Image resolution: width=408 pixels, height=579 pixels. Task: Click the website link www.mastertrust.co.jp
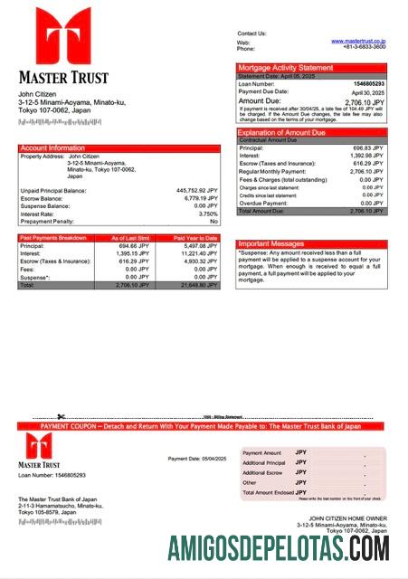click(x=357, y=41)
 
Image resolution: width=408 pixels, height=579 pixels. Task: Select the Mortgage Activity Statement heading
click(x=285, y=68)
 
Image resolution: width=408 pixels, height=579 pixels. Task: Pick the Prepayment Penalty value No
click(x=213, y=221)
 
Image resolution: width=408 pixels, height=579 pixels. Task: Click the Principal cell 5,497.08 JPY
click(x=200, y=245)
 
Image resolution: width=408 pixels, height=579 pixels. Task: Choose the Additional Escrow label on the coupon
click(x=264, y=472)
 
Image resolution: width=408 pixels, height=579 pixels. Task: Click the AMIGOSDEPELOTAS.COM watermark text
click(x=279, y=548)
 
